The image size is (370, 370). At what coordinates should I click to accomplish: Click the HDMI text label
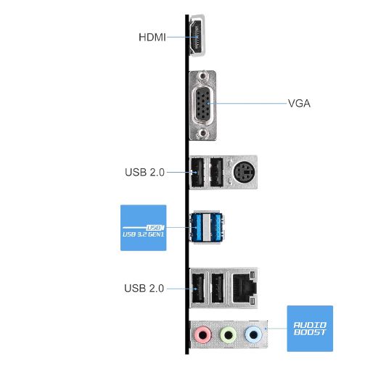[x=152, y=37]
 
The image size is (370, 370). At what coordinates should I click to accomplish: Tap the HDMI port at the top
[x=197, y=36]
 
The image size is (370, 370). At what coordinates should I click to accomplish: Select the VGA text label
[x=299, y=103]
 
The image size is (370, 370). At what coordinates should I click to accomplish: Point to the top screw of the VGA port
[x=202, y=76]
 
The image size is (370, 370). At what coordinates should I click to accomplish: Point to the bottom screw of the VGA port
[x=202, y=133]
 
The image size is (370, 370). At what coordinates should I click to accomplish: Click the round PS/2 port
[x=244, y=172]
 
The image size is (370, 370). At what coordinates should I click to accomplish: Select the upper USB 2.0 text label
[x=144, y=172]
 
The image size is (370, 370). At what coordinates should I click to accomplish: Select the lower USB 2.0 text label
[x=144, y=288]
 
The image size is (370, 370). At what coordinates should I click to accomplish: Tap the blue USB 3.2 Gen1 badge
[x=144, y=228]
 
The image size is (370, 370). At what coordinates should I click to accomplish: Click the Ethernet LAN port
[x=244, y=287]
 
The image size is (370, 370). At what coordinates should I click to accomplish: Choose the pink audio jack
[x=203, y=335]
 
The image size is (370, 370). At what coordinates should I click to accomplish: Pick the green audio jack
[x=229, y=335]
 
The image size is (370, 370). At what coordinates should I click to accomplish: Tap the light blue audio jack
[x=253, y=335]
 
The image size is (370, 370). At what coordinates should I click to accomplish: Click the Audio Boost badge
[x=310, y=329]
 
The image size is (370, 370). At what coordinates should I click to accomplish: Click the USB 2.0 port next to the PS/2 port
[x=216, y=172]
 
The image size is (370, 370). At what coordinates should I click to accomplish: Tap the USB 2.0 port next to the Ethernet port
[x=218, y=287]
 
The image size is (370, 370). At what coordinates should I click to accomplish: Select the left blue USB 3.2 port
[x=197, y=227]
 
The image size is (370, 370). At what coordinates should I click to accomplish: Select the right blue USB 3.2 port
[x=216, y=227]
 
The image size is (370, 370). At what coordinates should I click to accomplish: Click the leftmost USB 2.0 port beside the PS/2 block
[x=197, y=172]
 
